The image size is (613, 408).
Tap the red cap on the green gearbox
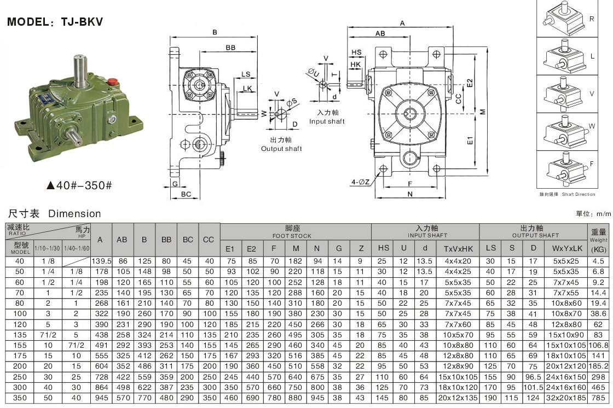tap(113, 81)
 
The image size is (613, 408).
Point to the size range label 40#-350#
tap(79, 185)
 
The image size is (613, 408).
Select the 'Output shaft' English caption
tap(281, 149)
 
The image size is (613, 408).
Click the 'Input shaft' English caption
tap(327, 121)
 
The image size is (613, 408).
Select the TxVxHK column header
tap(458, 248)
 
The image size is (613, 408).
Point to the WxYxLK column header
tap(565, 248)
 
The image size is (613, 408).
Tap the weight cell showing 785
tap(598, 398)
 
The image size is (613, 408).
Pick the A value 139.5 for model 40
tap(100, 261)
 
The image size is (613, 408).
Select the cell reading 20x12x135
tap(458, 398)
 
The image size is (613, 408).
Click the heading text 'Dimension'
tap(74, 214)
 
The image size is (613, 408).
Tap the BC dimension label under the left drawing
tap(186, 194)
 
